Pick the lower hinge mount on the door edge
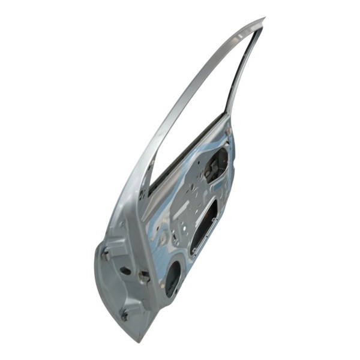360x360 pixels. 125,313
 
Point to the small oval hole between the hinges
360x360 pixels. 126,271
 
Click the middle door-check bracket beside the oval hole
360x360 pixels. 143,276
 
